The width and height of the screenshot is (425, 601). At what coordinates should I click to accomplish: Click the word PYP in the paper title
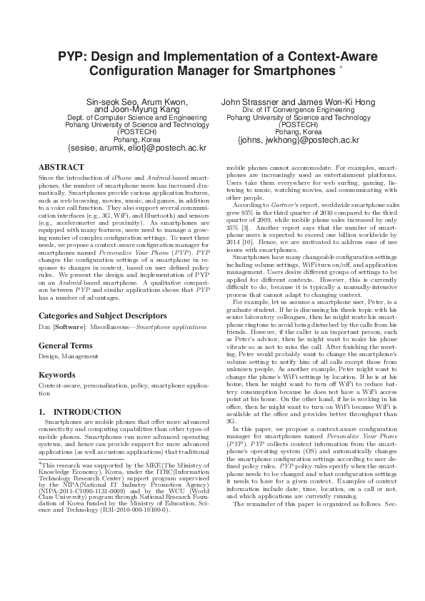point(72,56)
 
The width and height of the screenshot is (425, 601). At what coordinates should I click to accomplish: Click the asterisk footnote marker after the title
point(341,68)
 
